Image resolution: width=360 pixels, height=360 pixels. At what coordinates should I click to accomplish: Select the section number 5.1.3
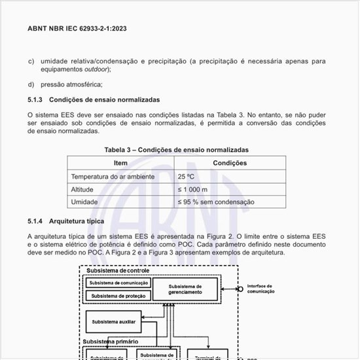coord(35,99)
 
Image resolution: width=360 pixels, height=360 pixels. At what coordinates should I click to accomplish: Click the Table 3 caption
coord(177,150)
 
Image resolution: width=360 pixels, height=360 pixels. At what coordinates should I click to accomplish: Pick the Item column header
coord(120,163)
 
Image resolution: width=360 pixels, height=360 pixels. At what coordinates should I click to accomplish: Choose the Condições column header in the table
coord(230,163)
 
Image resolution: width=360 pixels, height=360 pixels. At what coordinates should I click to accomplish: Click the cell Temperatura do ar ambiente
coord(113,177)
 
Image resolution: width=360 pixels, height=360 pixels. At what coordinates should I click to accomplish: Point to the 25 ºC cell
coord(187,177)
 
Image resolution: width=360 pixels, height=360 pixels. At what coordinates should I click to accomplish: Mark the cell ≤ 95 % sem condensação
coord(216,202)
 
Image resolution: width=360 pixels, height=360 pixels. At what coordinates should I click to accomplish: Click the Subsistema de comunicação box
coord(117,283)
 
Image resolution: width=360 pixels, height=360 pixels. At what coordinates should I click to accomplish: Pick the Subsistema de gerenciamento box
coord(185,289)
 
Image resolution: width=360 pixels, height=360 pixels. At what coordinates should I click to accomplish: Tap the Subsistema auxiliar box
coord(114,321)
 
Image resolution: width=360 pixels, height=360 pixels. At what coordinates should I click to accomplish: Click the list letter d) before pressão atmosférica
coord(31,84)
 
